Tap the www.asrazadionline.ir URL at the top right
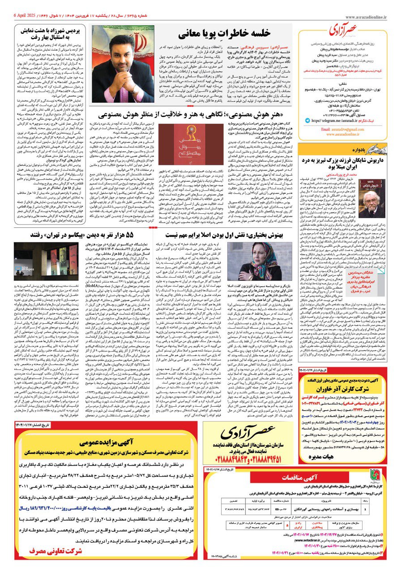pos(371,16)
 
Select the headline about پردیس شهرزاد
pos(52,34)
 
